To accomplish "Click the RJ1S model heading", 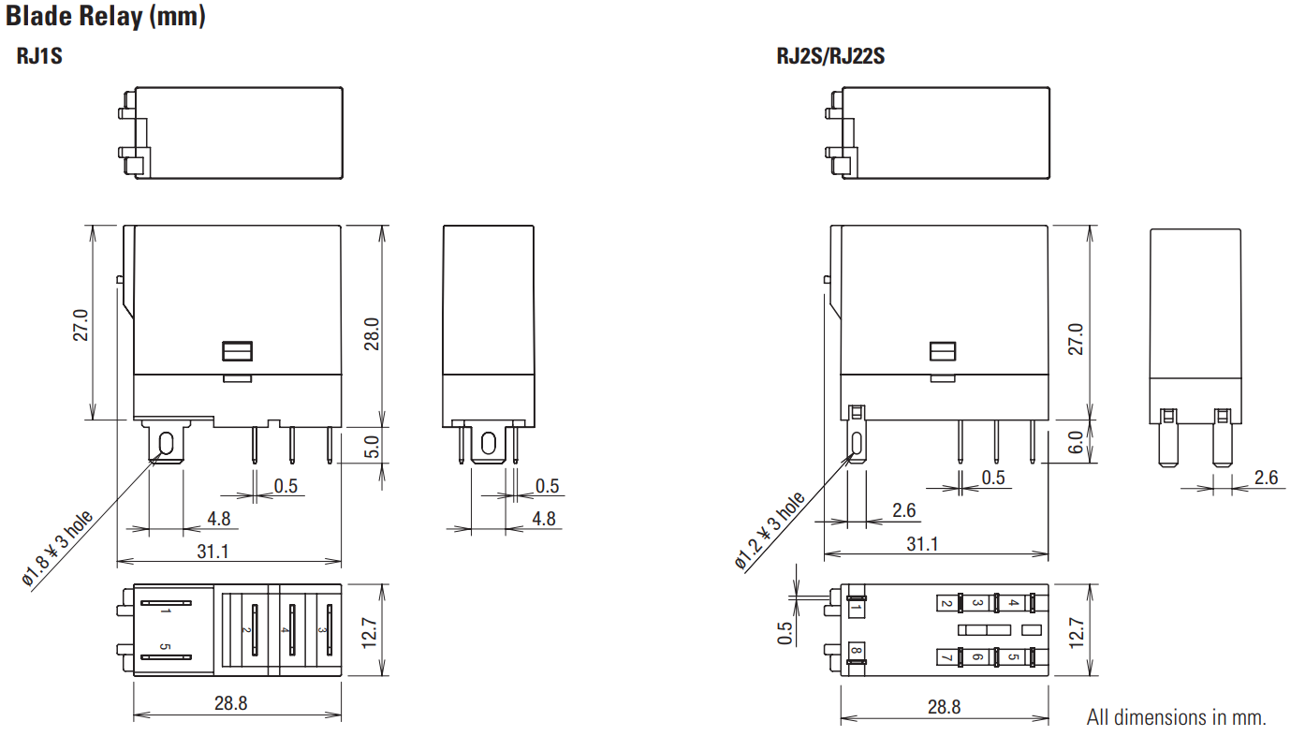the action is pyautogui.click(x=39, y=56).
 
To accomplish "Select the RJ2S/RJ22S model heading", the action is pyautogui.click(x=830, y=56).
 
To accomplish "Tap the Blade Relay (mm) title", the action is pyautogui.click(x=106, y=16).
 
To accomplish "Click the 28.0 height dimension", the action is pyautogui.click(x=372, y=334).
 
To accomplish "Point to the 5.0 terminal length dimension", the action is pyautogui.click(x=372, y=447).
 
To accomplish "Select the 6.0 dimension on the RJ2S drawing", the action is pyautogui.click(x=1076, y=442).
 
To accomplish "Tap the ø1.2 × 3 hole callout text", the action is pyautogui.click(x=770, y=530).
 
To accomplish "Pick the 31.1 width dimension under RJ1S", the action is pyautogui.click(x=213, y=552).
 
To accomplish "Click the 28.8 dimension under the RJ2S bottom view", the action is pyautogui.click(x=944, y=707).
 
